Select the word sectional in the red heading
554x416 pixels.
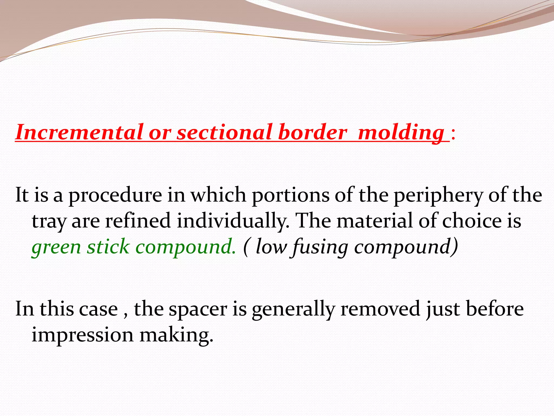tap(224, 132)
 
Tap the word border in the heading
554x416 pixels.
tap(312, 132)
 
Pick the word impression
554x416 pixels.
tap(82, 335)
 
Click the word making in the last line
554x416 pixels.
tap(176, 335)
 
